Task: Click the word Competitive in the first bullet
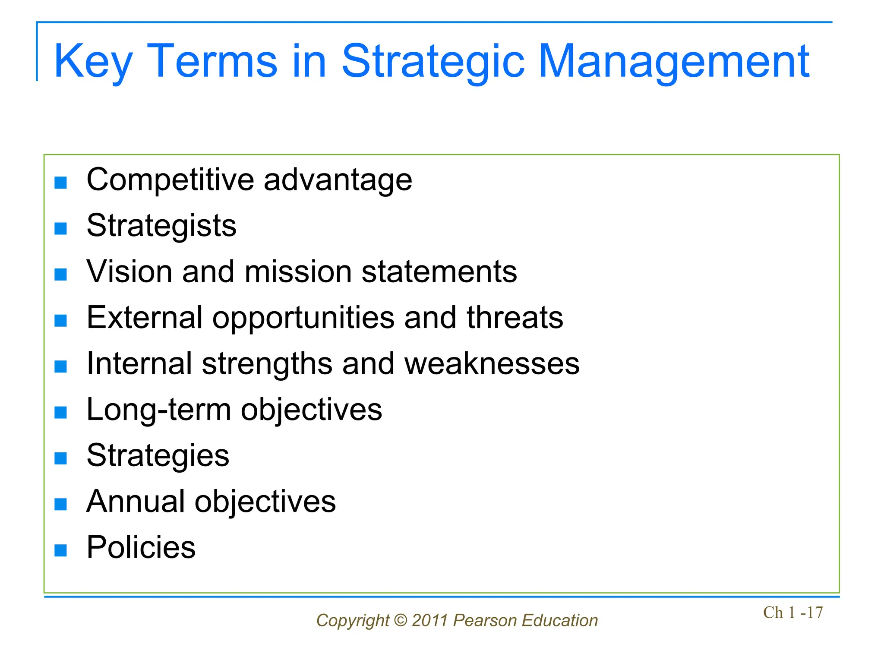170,180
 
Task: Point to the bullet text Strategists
161,226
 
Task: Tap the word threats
515,318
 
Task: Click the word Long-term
158,410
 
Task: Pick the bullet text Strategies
158,456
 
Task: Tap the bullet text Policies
141,548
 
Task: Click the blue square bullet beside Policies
61,550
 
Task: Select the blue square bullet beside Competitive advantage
61,183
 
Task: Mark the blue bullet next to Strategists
61,228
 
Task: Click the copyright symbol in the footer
401,621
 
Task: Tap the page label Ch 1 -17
793,612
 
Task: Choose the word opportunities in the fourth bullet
303,318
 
